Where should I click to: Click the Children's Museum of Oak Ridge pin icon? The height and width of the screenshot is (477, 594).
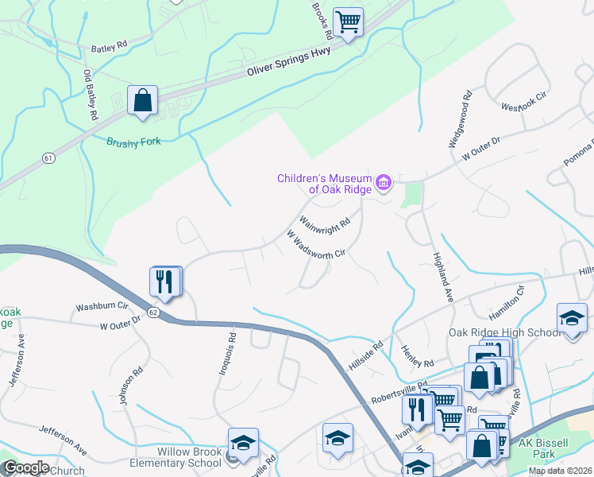(x=384, y=184)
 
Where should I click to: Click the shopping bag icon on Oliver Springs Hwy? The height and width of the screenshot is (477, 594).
(x=143, y=101)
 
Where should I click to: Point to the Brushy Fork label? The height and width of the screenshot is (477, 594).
(x=133, y=142)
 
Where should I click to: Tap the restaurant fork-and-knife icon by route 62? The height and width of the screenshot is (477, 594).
(x=165, y=282)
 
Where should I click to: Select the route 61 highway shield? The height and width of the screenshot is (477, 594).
(x=49, y=158)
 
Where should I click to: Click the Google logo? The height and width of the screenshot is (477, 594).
(x=26, y=467)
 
